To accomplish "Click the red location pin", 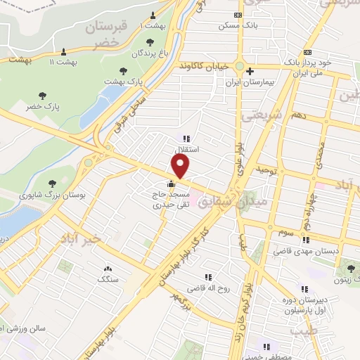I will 181,166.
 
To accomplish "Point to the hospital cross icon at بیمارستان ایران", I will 250,71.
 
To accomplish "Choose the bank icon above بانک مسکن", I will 240,14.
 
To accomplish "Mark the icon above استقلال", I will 186,139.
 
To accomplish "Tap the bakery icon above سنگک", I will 108,269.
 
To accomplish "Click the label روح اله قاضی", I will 206,288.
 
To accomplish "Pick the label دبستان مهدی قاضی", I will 316,248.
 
